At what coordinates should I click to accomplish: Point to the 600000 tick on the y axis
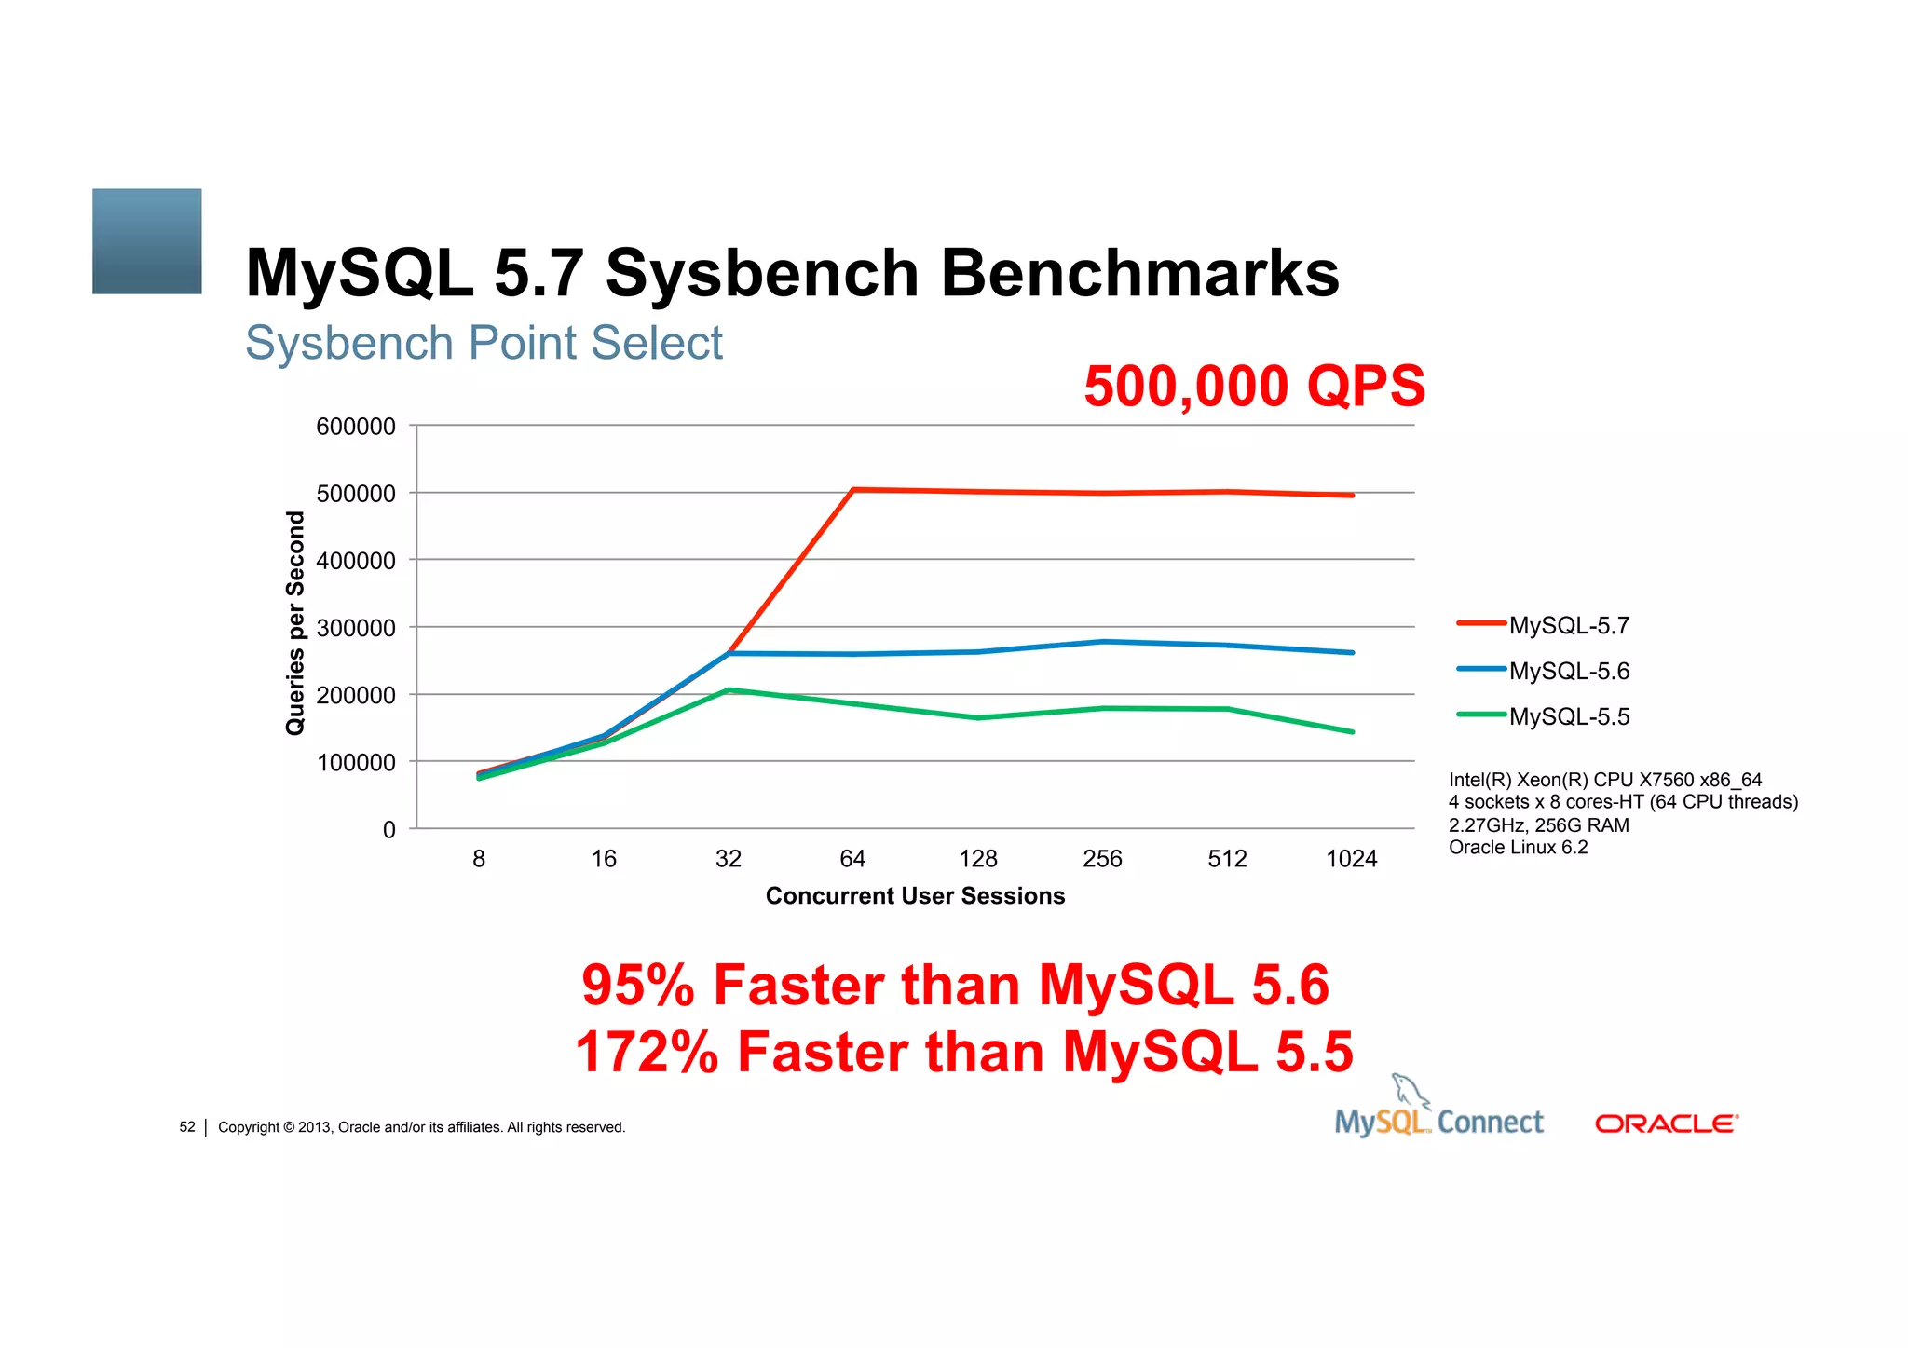356,427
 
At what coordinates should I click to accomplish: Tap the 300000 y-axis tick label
356,628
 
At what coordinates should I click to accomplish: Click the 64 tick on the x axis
852,859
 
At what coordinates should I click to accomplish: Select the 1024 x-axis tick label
1351,859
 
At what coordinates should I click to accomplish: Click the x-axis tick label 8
479,859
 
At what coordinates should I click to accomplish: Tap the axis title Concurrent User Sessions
915,896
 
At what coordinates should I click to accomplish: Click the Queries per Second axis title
295,623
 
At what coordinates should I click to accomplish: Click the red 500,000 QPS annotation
1254,386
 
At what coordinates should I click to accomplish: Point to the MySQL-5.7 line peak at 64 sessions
853,489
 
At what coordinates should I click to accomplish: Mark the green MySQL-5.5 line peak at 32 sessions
729,690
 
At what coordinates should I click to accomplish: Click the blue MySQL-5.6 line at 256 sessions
1103,642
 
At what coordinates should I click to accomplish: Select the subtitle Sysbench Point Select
484,343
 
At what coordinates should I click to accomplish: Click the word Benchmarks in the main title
1139,273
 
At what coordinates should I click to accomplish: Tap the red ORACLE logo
1666,1123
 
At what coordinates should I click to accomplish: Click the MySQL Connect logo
1438,1116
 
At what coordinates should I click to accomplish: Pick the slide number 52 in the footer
187,1127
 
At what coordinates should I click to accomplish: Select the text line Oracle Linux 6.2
1518,848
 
